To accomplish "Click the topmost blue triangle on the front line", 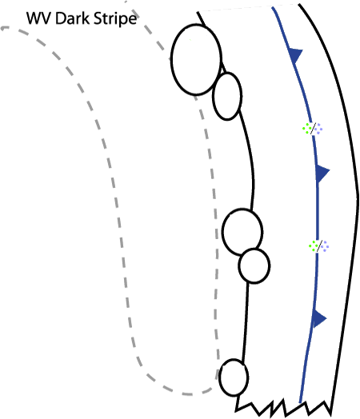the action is point(294,56).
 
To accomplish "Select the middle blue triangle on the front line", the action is point(322,174).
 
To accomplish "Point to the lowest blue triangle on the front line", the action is point(319,318).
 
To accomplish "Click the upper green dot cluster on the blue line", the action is point(307,128).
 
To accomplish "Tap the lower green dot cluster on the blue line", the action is point(313,245).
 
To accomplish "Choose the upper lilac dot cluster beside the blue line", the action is point(318,129).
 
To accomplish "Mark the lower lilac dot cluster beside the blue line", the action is point(325,246).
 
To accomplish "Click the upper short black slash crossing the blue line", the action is point(313,129).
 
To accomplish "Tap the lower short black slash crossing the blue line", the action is point(319,245).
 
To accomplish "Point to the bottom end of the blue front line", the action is point(301,401).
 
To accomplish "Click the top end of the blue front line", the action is point(273,8).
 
